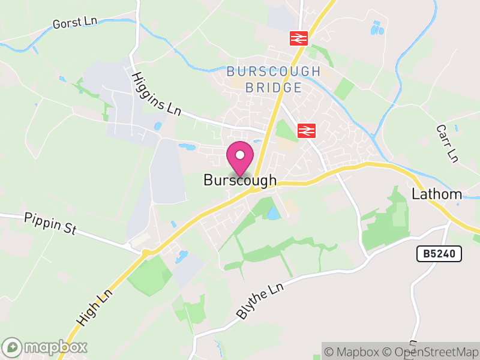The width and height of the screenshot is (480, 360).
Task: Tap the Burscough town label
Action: [240, 180]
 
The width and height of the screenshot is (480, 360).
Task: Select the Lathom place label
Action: [437, 194]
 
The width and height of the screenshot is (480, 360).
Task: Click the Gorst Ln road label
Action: [75, 22]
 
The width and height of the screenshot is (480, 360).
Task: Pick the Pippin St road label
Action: [50, 223]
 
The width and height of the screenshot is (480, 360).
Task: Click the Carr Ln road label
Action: [448, 143]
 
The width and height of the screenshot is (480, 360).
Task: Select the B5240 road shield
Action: [440, 254]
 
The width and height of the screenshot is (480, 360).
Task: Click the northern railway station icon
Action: [298, 38]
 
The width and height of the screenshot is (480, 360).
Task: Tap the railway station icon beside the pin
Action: [307, 130]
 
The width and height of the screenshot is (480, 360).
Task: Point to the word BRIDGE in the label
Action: [274, 88]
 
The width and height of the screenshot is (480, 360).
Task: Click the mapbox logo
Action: [45, 347]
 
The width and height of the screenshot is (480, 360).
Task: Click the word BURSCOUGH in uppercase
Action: [274, 72]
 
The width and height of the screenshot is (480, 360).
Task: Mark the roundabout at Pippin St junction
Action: [145, 253]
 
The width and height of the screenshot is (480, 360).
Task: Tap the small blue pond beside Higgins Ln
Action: [158, 127]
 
